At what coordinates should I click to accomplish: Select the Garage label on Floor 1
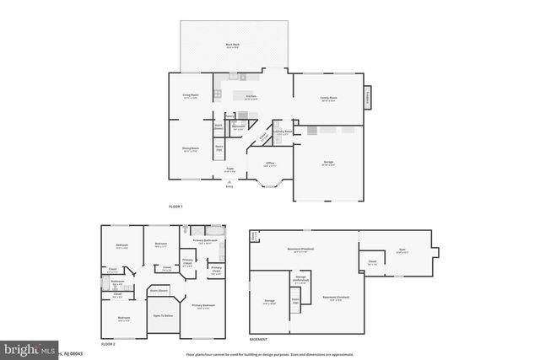(x=327, y=161)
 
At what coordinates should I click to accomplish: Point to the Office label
(x=270, y=163)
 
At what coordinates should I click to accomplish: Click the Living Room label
(x=190, y=95)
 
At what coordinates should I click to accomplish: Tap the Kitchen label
(x=251, y=96)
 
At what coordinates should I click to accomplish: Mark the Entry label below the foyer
(x=229, y=186)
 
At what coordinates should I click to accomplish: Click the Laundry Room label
(x=283, y=132)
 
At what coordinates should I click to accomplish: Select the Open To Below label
(x=163, y=315)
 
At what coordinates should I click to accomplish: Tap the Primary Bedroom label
(x=203, y=305)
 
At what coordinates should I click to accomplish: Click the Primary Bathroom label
(x=206, y=241)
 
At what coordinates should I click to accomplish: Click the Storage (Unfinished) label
(x=300, y=277)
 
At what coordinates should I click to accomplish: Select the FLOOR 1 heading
(x=175, y=207)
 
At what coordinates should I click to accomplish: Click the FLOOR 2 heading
(x=108, y=344)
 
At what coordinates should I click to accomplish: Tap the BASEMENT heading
(x=259, y=340)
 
